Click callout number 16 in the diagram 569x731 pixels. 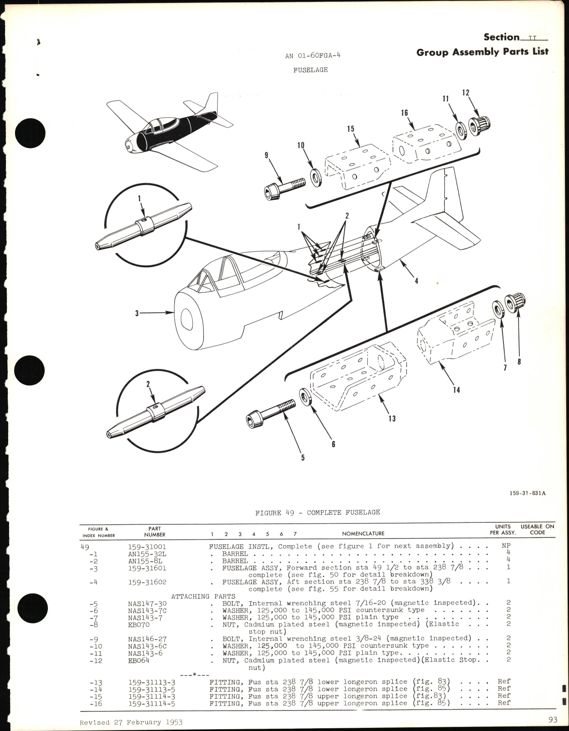(405, 113)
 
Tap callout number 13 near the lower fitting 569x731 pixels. (392, 419)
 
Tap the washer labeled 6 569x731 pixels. (305, 396)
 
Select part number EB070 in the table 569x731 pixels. (138, 625)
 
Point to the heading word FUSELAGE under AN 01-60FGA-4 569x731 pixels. (310, 70)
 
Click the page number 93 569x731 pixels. (553, 720)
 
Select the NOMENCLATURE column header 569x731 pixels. (363, 533)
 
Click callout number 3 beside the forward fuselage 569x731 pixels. (137, 313)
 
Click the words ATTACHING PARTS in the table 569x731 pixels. (203, 596)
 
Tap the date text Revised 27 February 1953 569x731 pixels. (131, 722)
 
